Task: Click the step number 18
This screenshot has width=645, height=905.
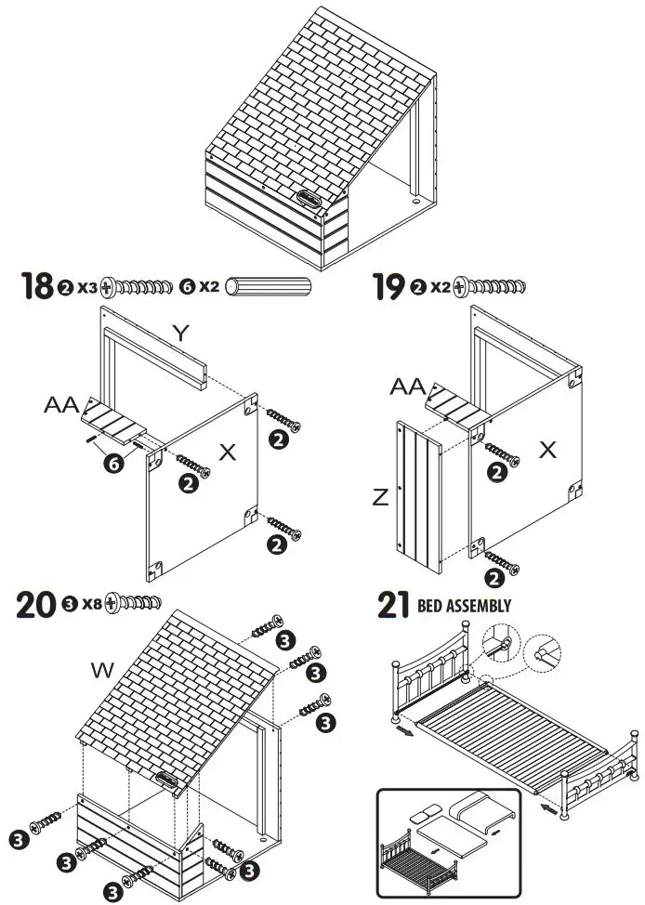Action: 36,286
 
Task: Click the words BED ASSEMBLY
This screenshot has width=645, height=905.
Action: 465,606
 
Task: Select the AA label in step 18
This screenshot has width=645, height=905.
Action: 60,405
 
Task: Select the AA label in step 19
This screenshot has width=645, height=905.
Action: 408,385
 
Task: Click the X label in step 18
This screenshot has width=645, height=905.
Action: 228,452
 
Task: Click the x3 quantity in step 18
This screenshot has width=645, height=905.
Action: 87,287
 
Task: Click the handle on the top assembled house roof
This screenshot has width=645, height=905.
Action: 308,198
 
